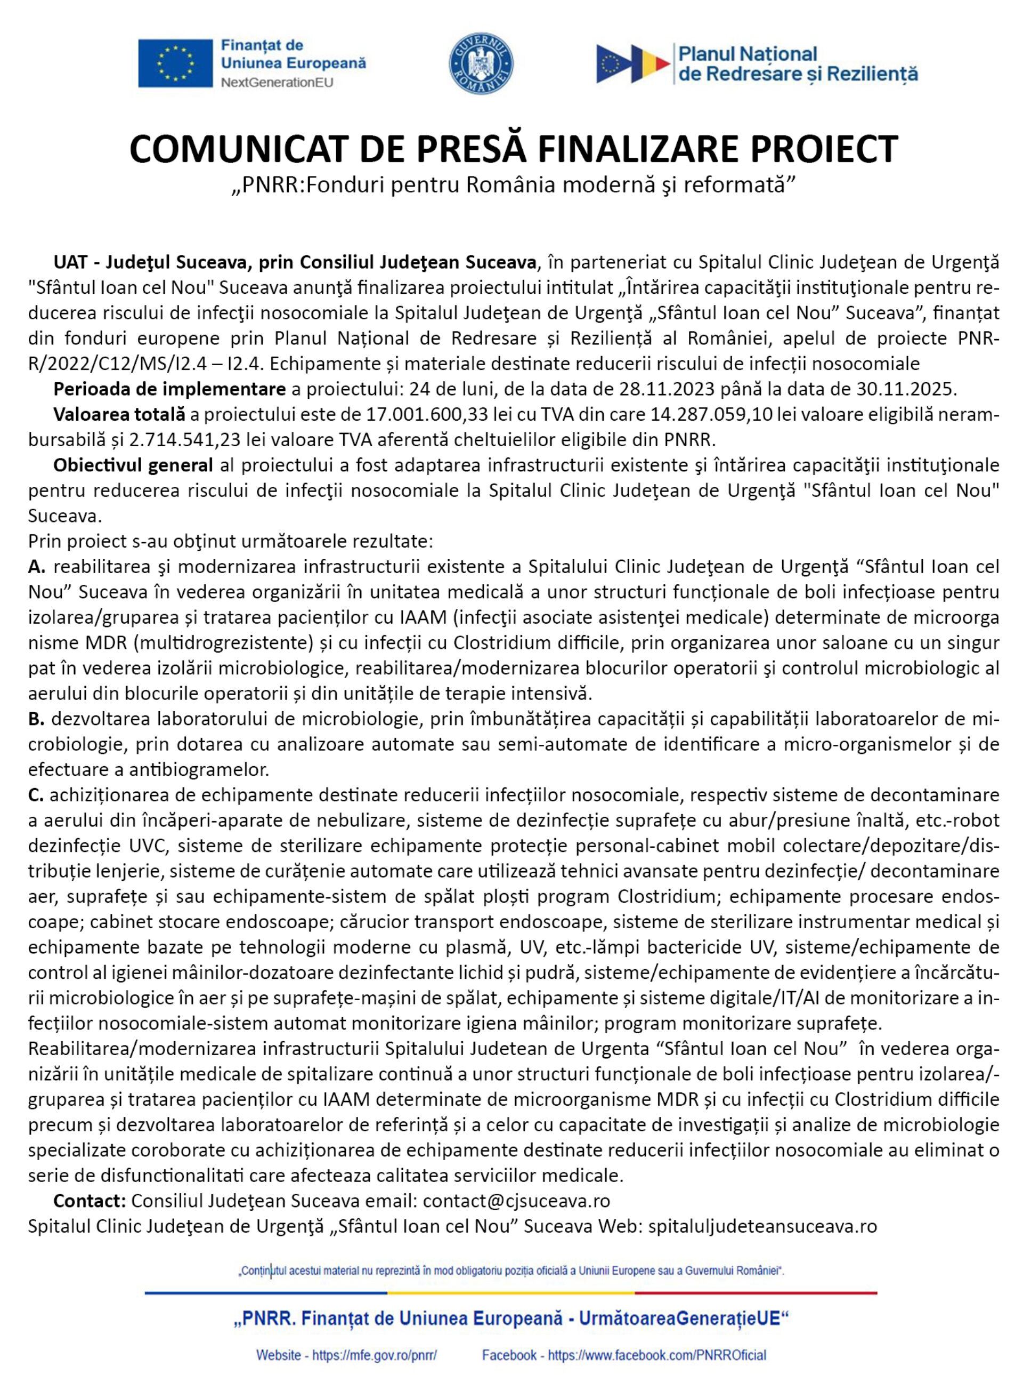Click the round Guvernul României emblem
point(481,63)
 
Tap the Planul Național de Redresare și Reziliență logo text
point(798,64)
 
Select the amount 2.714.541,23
point(185,440)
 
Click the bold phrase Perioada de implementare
point(169,389)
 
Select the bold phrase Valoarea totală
point(119,415)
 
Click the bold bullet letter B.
point(36,719)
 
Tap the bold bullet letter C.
point(36,795)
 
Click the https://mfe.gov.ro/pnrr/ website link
point(374,1355)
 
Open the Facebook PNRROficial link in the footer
point(656,1355)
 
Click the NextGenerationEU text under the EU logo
point(277,83)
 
